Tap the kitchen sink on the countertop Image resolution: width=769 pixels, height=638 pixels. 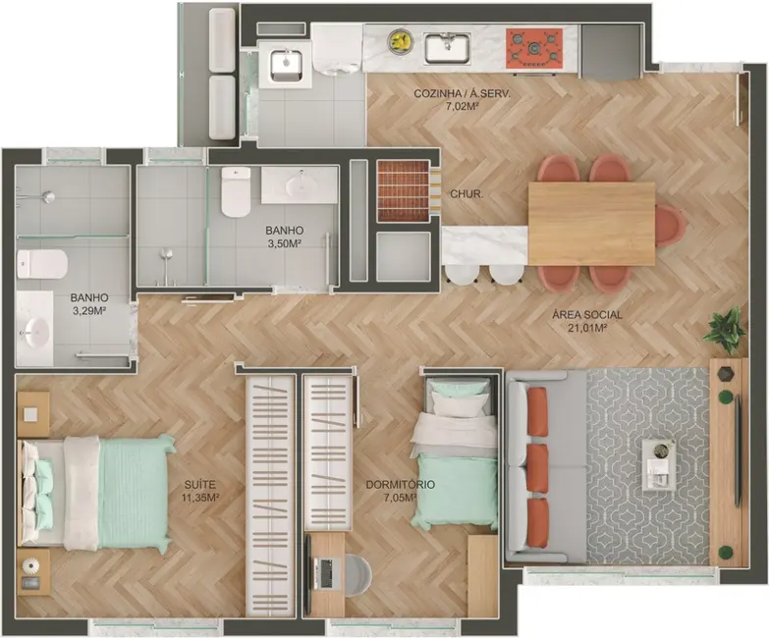(x=447, y=46)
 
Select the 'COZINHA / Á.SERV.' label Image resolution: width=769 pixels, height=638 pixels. (x=462, y=93)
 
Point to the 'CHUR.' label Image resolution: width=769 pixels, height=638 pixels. (x=466, y=193)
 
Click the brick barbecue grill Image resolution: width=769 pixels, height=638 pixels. (x=404, y=190)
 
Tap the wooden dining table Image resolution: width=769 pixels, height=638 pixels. (x=591, y=223)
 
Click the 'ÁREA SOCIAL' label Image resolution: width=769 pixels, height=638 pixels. (x=587, y=315)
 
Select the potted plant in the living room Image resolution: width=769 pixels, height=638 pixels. (x=725, y=330)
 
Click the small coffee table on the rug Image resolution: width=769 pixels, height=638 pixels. (x=659, y=464)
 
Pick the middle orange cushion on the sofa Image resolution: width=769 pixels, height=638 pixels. (x=537, y=467)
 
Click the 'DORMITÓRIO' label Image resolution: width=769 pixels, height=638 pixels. (x=400, y=485)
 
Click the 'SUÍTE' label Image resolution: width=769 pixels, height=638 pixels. (x=198, y=485)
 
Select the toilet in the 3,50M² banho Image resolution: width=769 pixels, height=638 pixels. (x=236, y=191)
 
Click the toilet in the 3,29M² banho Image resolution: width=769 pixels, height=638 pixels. (x=42, y=264)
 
